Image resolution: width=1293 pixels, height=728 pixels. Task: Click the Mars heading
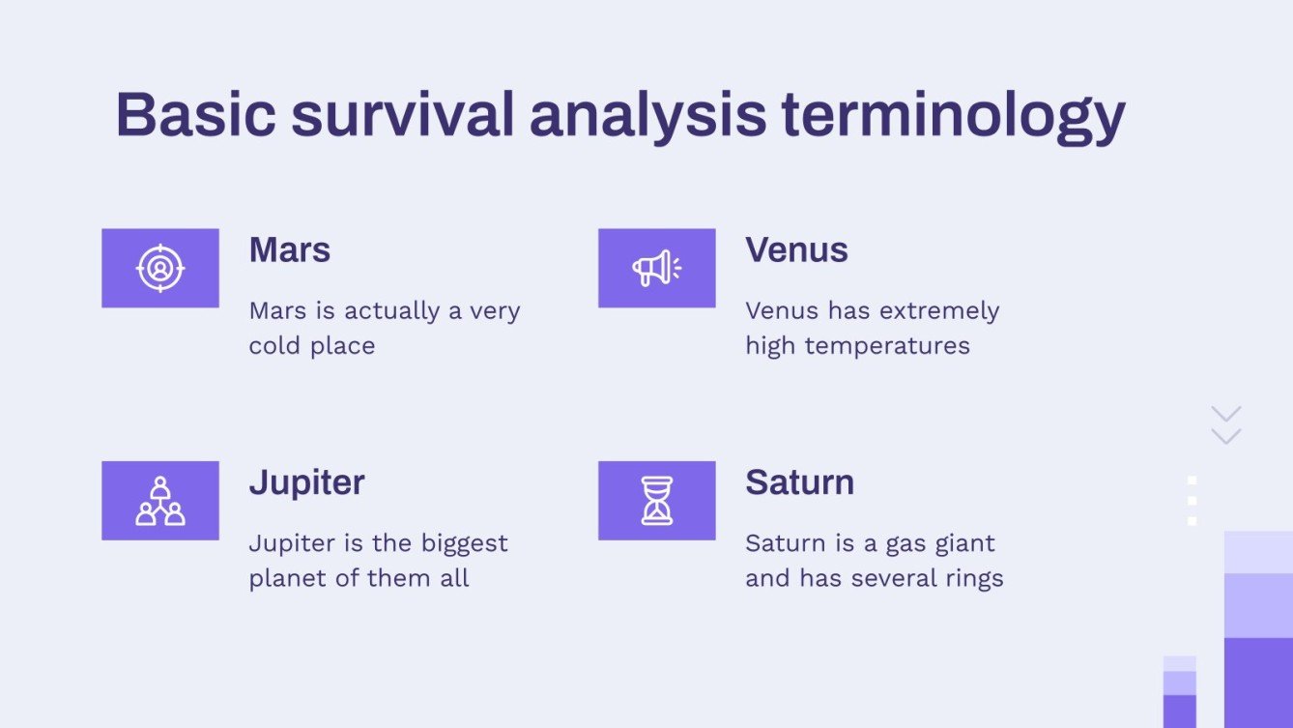pos(290,250)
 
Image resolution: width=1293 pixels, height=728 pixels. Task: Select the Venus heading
pos(796,250)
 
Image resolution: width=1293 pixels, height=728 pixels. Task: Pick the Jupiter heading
pos(306,482)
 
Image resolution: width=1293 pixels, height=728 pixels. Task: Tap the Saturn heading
pos(799,482)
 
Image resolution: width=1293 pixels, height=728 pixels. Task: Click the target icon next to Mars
pos(160,268)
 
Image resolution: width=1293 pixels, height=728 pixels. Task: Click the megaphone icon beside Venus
pos(657,268)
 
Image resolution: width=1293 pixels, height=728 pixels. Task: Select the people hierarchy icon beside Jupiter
pos(160,501)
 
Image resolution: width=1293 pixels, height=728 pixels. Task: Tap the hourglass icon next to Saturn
pos(657,501)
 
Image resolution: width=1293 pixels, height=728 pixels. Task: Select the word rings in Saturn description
pos(972,579)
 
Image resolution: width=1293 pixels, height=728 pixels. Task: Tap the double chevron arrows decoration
pos(1225,425)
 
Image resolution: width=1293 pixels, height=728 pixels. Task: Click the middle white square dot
pos(1192,500)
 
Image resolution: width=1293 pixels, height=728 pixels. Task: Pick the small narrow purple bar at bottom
pos(1179,692)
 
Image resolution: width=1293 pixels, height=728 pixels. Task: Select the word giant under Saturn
pos(964,544)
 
